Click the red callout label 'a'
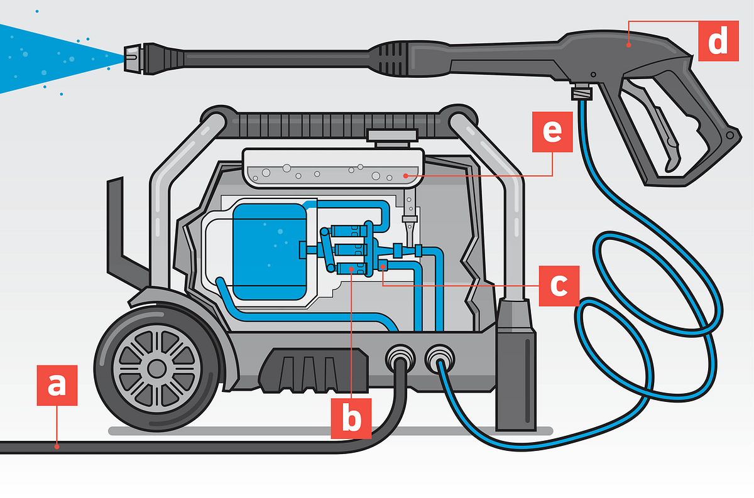point(57,385)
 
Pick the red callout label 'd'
point(718,41)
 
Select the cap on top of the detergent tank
point(391,136)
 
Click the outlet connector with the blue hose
point(439,360)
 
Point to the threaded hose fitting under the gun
point(581,93)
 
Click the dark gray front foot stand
point(516,364)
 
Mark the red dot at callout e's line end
point(406,176)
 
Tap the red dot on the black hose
point(57,447)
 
